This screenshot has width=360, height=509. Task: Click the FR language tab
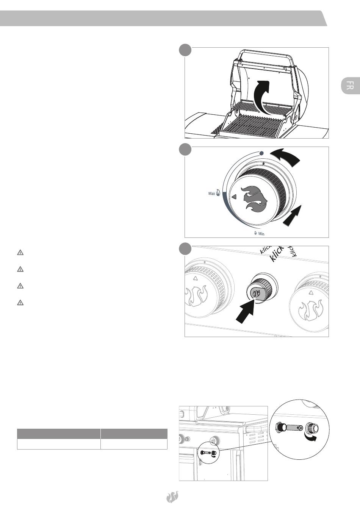tap(350, 86)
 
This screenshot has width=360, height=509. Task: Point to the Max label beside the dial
tap(211, 194)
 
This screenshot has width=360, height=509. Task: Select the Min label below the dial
tap(261, 234)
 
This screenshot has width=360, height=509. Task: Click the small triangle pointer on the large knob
tap(234, 197)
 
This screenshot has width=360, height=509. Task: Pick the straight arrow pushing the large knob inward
tap(292, 215)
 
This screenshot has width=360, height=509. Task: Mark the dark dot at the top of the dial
tap(261, 153)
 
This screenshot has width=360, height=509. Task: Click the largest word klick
tap(277, 253)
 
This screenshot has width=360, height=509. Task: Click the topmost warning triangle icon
tap(20, 253)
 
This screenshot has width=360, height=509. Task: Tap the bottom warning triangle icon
tap(20, 303)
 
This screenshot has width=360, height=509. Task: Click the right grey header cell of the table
tap(134, 434)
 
